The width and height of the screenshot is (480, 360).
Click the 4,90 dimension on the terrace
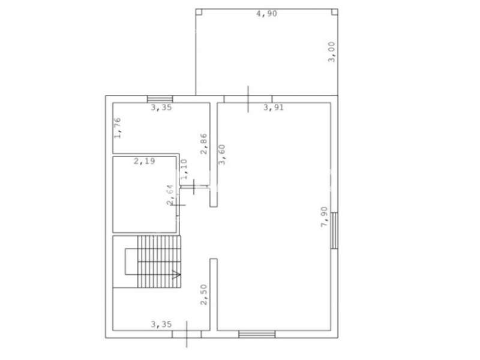266,14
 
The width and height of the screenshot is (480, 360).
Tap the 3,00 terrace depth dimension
332,52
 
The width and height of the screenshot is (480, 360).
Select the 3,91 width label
274,107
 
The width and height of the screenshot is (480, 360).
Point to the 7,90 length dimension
324,217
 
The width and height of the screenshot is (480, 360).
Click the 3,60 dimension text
222,155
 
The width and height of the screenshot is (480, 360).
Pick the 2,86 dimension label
204,143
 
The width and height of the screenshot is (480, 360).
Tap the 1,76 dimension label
118,128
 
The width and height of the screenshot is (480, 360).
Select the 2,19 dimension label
145,161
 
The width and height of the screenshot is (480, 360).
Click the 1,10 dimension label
184,169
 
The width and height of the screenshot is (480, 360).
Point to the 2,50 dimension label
204,295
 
